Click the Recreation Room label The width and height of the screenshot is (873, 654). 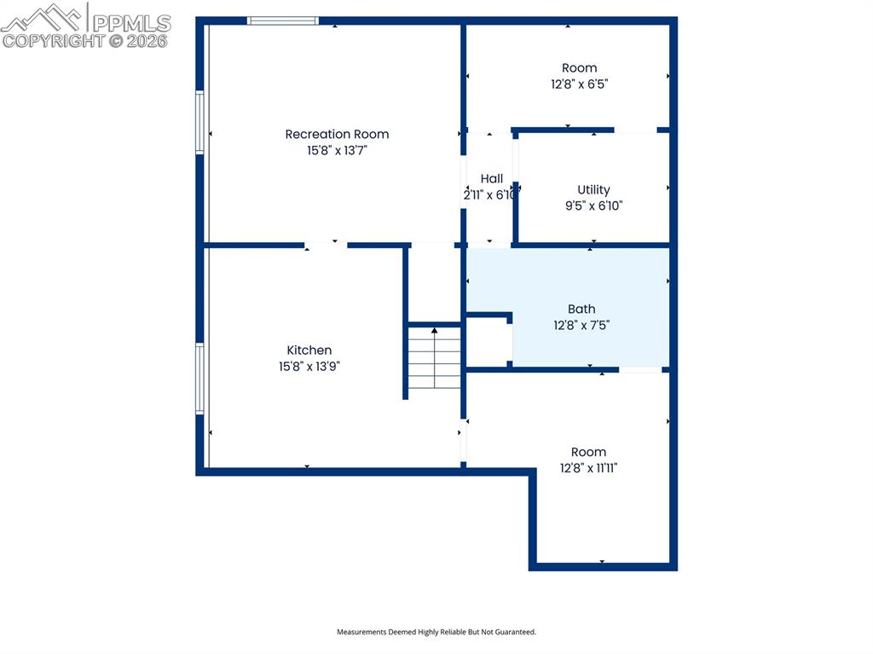[337, 134]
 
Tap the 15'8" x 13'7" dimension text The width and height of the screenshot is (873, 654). [337, 150]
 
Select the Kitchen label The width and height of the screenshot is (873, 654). [309, 350]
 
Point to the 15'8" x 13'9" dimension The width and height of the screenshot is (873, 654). [309, 367]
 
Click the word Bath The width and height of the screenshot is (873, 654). [581, 310]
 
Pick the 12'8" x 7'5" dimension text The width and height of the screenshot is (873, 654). [581, 326]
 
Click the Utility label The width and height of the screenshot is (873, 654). [593, 189]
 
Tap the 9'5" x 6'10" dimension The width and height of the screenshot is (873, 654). [593, 205]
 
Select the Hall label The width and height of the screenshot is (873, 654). [492, 179]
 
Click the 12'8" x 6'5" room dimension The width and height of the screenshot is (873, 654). [579, 84]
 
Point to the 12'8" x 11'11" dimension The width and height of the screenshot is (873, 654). [588, 468]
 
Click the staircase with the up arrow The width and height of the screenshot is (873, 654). [434, 357]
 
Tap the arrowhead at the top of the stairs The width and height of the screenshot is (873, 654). [434, 330]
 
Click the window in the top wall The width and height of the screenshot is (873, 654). [283, 21]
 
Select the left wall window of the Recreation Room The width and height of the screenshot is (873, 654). [199, 122]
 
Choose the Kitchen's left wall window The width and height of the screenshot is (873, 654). [199, 379]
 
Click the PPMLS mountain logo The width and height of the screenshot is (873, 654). [42, 18]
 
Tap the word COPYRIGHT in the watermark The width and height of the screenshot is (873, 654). [54, 41]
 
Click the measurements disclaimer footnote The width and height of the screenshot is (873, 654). [436, 632]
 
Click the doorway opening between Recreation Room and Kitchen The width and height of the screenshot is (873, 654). [326, 245]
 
